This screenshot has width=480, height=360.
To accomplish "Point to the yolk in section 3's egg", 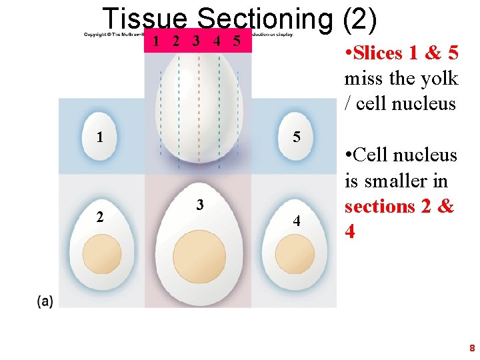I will click(x=199, y=257).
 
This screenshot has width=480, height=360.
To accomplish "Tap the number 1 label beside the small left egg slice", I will click(x=99, y=138).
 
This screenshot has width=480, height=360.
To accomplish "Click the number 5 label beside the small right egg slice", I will click(x=297, y=137).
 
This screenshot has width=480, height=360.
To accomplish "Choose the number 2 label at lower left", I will click(x=99, y=216).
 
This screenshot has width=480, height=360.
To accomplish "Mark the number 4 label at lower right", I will click(x=297, y=221).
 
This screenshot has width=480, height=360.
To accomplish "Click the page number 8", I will click(x=471, y=347).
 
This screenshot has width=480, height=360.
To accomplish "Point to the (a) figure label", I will click(x=45, y=301).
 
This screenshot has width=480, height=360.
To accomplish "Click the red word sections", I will click(x=379, y=207).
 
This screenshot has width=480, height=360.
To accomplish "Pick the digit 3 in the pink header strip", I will click(x=196, y=41).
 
